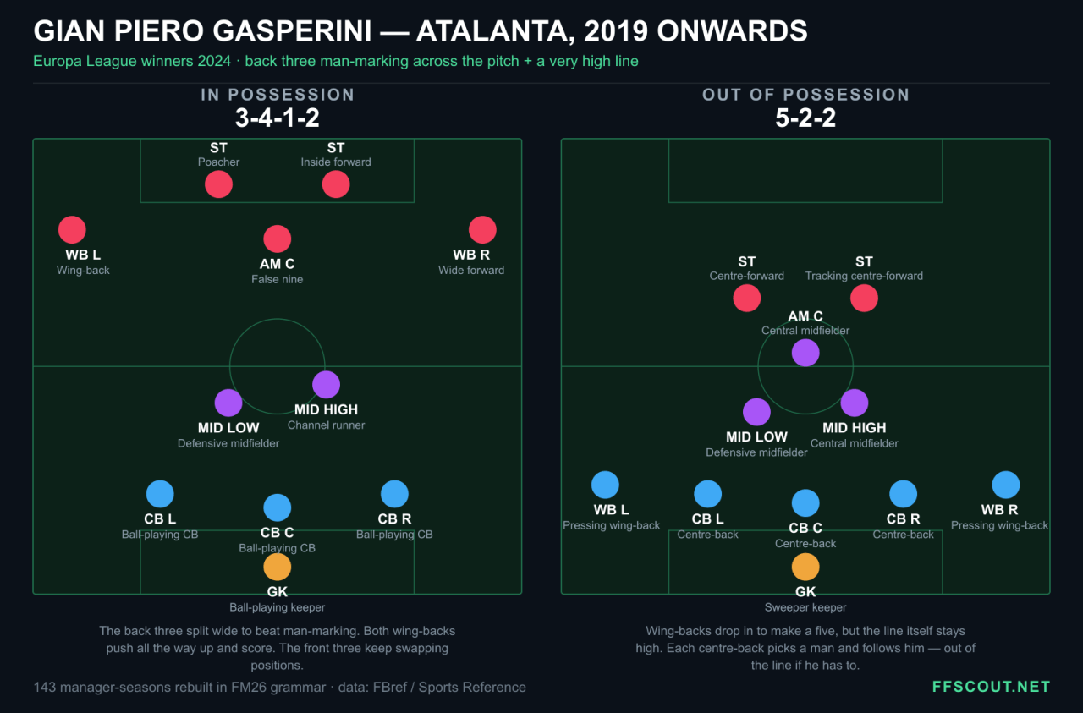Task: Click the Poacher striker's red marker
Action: (x=218, y=184)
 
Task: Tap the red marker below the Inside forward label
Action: (x=336, y=184)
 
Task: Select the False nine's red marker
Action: (x=277, y=239)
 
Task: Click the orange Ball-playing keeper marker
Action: (x=277, y=567)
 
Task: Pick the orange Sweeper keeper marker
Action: (x=805, y=567)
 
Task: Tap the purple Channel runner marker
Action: (x=327, y=385)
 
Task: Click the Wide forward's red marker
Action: (x=482, y=229)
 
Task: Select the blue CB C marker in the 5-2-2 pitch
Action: (x=805, y=502)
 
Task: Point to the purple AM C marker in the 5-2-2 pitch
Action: (x=805, y=353)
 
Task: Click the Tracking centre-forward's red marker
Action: (x=864, y=299)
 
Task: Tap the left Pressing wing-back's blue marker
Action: (x=605, y=485)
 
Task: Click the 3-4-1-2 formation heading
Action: (x=277, y=118)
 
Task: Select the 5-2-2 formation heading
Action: (x=805, y=118)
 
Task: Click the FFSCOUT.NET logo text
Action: (x=991, y=687)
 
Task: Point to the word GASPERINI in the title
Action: (x=292, y=31)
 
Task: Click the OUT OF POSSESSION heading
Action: (x=805, y=95)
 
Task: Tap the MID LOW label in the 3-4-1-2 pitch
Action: (x=228, y=428)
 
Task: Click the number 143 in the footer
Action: (x=45, y=687)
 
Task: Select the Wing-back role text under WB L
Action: (x=83, y=270)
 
